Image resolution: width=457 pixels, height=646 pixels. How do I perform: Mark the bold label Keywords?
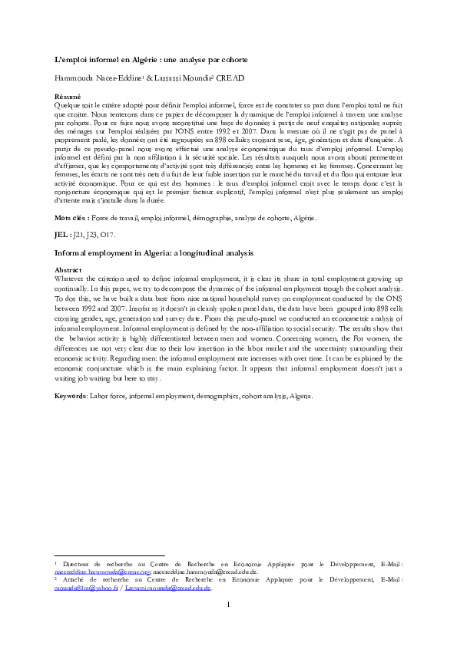(70, 397)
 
